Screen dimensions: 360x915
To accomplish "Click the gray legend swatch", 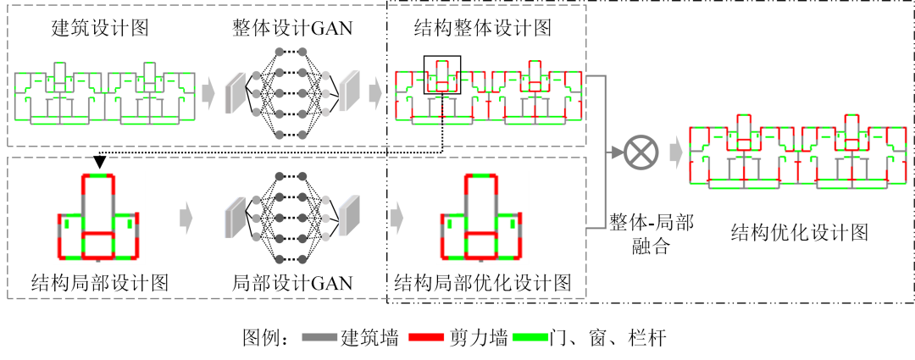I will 319,337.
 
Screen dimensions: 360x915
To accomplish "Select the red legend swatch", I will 426,337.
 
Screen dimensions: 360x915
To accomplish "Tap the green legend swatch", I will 530,337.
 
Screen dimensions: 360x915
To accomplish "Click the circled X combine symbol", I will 641,152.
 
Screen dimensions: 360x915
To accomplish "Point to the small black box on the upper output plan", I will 442,75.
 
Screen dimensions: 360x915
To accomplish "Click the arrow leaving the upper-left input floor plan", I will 208,93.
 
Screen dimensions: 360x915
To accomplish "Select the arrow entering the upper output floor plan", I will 375,92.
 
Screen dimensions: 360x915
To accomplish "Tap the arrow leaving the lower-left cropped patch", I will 186,219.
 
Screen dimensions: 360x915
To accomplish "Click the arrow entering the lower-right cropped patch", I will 396,219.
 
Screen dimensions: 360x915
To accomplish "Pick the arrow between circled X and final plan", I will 676,152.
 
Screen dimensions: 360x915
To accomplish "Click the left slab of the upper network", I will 235,93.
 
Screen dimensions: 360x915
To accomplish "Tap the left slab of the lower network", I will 235,218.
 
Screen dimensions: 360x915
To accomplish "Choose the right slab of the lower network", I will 348,216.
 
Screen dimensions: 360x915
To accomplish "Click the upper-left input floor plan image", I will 100,93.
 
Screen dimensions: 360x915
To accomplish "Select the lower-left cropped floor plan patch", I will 100,218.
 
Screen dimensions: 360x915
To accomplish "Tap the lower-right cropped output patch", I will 483,218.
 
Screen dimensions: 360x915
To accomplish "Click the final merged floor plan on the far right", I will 799,152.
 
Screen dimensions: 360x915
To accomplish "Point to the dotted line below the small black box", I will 442,119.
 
